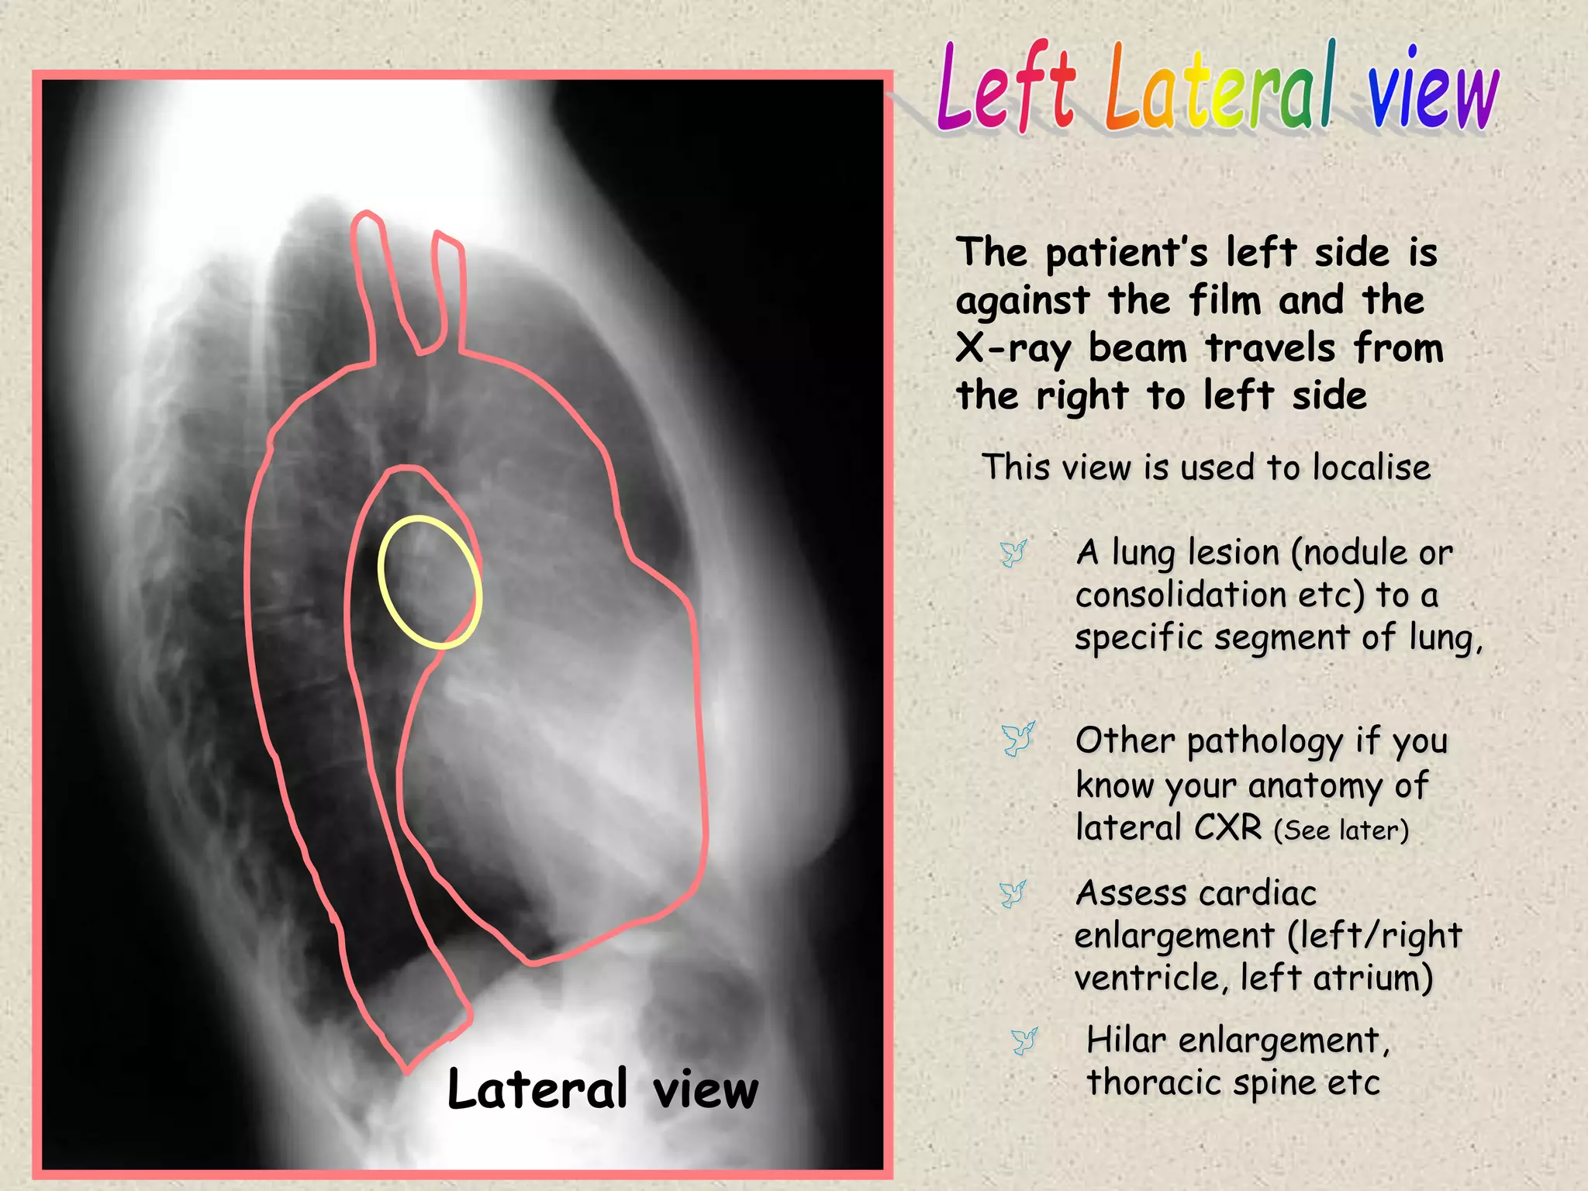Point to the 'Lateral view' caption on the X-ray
click(602, 1089)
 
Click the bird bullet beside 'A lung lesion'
click(1013, 553)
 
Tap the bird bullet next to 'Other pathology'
click(1017, 739)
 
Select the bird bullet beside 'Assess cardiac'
click(1013, 893)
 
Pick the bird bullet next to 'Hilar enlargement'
click(1024, 1041)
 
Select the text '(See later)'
click(1341, 830)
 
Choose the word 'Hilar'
click(1125, 1041)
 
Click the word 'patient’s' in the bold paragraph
click(1126, 254)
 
